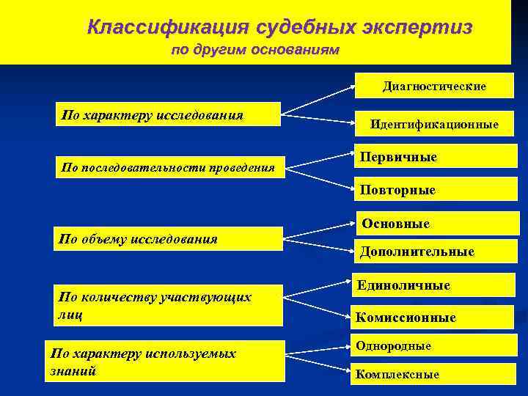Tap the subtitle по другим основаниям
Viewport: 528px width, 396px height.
pyautogui.click(x=254, y=51)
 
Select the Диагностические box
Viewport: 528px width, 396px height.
pyautogui.click(x=434, y=87)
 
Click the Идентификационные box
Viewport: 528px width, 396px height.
pyautogui.click(x=434, y=124)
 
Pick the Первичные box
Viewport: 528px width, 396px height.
pyautogui.click(x=434, y=158)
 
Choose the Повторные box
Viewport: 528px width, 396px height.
pyautogui.click(x=434, y=190)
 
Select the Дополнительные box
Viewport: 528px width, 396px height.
pyautogui.click(x=434, y=252)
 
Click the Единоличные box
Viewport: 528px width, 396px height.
pyautogui.click(x=434, y=285)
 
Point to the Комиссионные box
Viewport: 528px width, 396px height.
pyautogui.click(x=434, y=318)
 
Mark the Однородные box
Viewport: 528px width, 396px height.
pyautogui.click(x=434, y=346)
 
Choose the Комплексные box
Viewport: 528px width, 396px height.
pyautogui.click(x=434, y=374)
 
